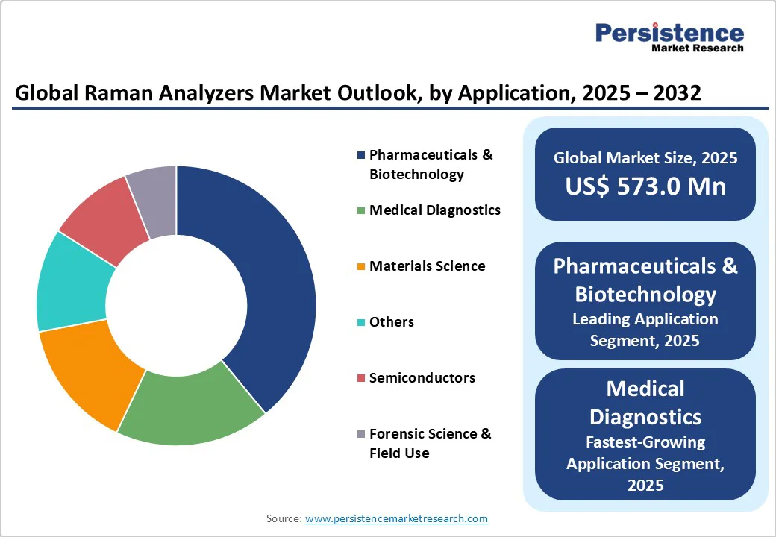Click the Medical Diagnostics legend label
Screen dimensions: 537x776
coord(435,210)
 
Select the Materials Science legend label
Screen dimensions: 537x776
coord(427,266)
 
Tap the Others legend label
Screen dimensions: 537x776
coord(392,322)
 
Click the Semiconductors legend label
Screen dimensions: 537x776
coord(422,378)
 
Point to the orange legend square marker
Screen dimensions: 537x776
coord(361,266)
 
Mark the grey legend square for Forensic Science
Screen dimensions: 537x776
coord(361,434)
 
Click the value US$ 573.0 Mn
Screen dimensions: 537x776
coord(645,185)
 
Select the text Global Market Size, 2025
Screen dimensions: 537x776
coord(645,157)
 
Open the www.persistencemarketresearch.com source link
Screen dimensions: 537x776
coord(396,518)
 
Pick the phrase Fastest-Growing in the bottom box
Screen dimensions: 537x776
coord(645,442)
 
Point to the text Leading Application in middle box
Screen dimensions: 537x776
coord(645,319)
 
